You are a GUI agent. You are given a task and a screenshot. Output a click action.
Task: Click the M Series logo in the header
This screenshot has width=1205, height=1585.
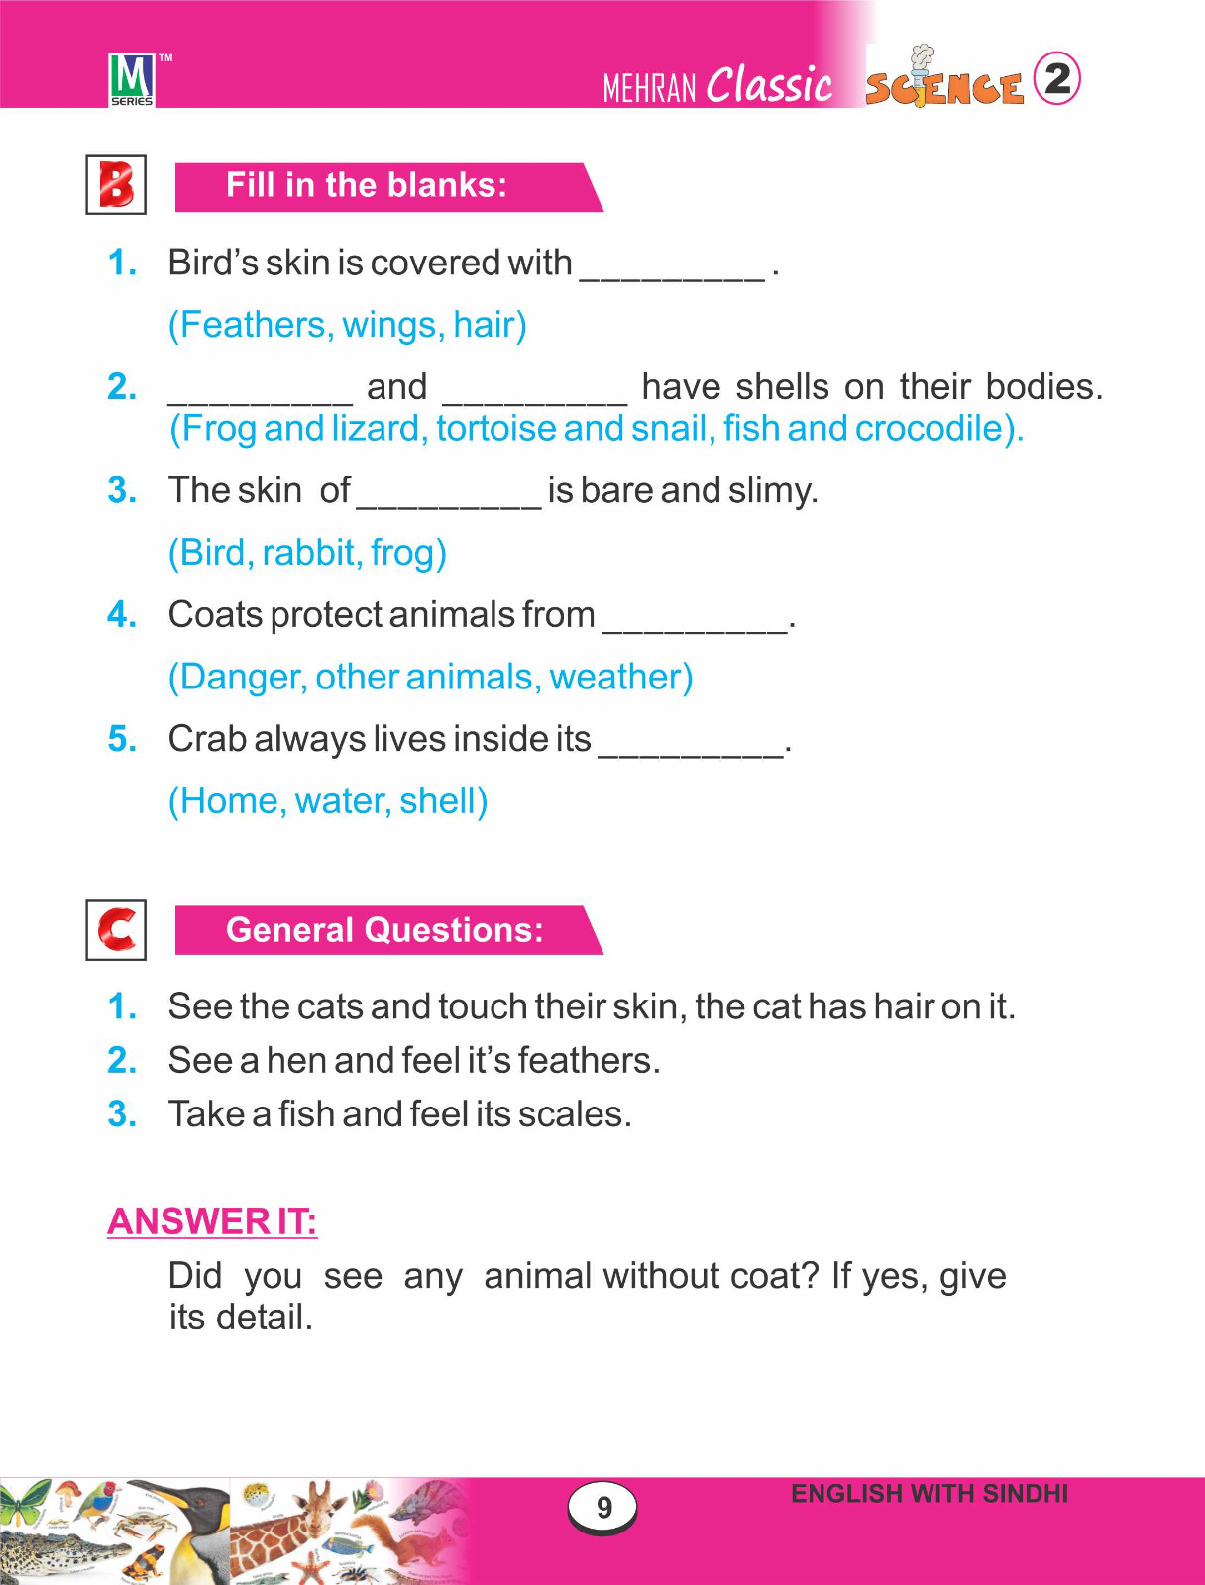132,79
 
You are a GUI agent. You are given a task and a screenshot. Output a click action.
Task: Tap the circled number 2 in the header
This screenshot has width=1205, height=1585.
1057,78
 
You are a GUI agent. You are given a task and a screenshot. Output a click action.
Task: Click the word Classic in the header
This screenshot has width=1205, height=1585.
769,85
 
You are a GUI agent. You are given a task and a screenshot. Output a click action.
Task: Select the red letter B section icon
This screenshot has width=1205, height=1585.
116,184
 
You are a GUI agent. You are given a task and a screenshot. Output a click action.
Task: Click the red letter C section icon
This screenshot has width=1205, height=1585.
116,930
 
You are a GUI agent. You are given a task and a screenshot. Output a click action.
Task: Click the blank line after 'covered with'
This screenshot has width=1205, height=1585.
672,267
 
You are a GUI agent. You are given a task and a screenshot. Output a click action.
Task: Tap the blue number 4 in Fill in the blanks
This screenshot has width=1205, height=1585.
121,615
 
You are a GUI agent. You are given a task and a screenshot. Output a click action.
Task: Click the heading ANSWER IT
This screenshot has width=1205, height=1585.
212,1221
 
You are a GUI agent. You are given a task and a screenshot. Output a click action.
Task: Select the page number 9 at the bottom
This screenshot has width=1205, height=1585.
603,1508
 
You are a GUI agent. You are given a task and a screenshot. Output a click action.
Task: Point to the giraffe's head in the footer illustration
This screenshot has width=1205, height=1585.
319,1496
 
